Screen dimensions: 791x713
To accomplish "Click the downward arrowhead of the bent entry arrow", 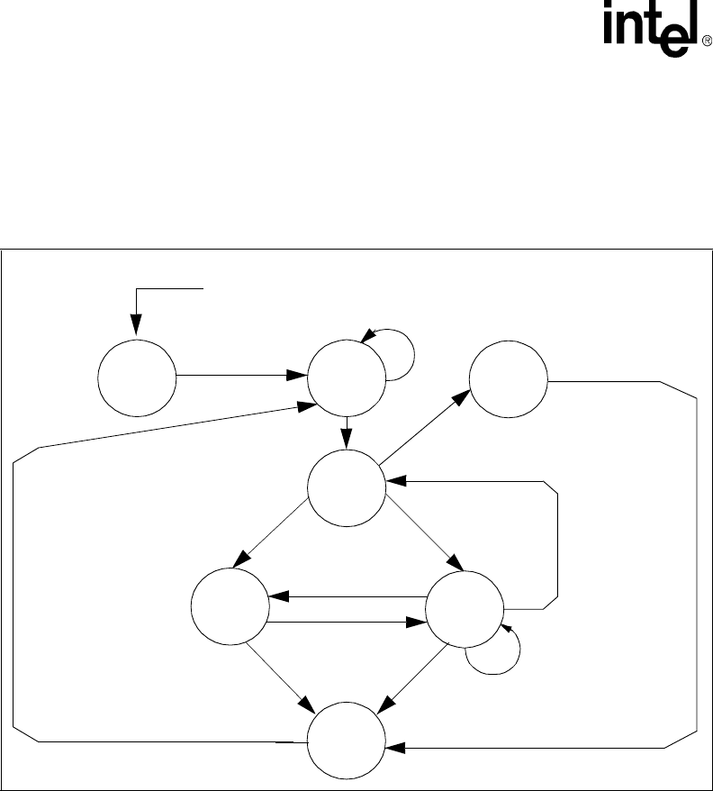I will click(136, 326).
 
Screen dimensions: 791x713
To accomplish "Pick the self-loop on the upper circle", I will click(401, 354).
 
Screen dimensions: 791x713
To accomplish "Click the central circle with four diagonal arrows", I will click(346, 487).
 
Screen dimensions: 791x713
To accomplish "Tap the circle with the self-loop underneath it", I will click(463, 612).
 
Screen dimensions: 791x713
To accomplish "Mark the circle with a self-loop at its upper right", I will click(346, 377).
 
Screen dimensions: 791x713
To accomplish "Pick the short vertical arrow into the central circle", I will click(347, 431).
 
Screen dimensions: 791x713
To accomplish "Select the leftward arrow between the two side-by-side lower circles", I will click(347, 596).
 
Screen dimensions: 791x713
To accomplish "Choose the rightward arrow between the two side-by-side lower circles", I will click(347, 622).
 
